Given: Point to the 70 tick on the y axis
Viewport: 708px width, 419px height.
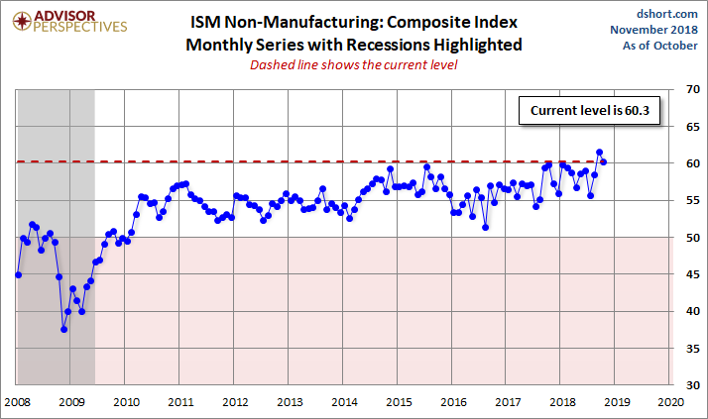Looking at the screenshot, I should (685, 90).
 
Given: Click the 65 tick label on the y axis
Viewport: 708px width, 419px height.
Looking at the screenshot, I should (685, 127).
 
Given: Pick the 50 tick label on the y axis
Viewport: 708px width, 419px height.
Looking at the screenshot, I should (685, 238).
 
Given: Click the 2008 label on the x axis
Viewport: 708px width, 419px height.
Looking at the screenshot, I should (17, 402).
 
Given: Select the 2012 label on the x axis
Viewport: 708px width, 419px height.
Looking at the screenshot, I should (234, 402).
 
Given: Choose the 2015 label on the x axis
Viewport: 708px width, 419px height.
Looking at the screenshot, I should (398, 402).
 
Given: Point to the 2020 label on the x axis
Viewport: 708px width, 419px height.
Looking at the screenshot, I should (669, 402).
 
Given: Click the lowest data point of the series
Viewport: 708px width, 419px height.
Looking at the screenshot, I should (63, 329).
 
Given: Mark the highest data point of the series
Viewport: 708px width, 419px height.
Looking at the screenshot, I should (599, 153).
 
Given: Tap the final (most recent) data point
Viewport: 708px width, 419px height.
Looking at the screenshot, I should (604, 162).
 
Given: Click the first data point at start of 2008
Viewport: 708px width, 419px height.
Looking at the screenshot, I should (18, 274).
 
